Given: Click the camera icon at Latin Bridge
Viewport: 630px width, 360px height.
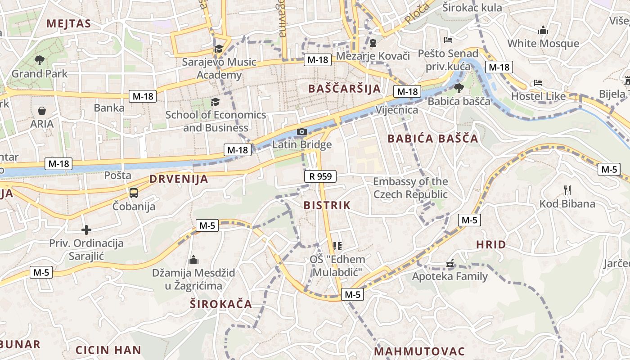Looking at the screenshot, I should (x=301, y=132).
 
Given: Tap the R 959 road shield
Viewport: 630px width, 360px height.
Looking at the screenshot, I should (x=320, y=176).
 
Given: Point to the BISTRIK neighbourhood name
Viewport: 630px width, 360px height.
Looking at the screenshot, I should (x=327, y=206).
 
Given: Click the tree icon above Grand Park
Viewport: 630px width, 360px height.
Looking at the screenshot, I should (x=40, y=60).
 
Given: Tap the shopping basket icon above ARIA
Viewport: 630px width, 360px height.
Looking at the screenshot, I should (x=42, y=111).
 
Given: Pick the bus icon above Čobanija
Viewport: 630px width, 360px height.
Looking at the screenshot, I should (x=134, y=193).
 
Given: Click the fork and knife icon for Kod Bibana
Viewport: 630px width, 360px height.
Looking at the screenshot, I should (x=567, y=190).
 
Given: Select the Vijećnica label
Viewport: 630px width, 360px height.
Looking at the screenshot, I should (x=396, y=110).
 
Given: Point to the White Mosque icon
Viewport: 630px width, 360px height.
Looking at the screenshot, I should (x=543, y=31).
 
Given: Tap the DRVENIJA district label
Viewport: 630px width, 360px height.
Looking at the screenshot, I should (x=179, y=179).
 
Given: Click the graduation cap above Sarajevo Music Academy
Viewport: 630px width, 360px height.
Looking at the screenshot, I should (x=219, y=49).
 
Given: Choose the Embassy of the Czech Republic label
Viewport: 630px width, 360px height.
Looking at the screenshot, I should (x=410, y=188).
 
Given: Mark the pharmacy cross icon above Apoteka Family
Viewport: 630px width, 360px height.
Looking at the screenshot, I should (x=450, y=263).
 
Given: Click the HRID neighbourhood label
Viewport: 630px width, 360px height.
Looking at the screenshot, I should (x=491, y=245).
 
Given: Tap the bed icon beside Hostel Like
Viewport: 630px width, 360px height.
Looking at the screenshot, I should (x=538, y=83).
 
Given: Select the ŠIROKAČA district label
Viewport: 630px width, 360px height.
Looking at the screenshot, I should (x=220, y=304).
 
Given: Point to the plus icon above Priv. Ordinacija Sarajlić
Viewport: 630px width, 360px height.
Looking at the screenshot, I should (x=86, y=230).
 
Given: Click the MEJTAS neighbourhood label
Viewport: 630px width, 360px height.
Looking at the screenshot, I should (x=68, y=24).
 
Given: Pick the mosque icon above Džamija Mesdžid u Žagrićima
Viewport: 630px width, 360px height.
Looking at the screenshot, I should (x=193, y=260).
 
